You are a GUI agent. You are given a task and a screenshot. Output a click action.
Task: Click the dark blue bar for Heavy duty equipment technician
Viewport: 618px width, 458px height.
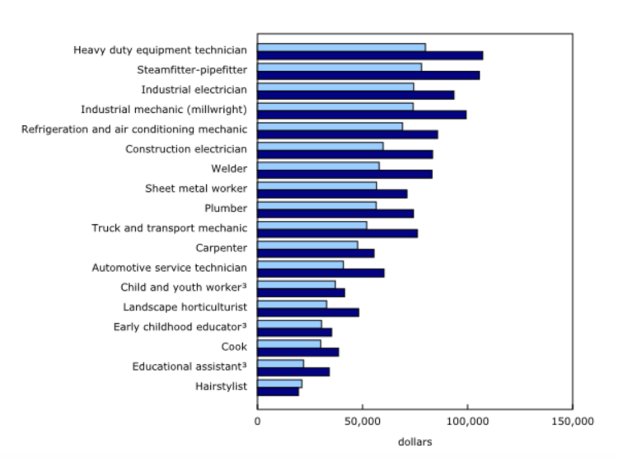tap(370, 55)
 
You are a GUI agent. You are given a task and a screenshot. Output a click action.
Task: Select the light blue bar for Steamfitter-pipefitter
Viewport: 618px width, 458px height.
tap(339, 67)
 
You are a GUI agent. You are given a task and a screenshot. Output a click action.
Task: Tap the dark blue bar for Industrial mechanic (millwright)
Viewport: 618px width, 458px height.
tap(362, 114)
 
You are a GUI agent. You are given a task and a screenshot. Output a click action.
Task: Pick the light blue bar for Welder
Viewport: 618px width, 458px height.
tap(318, 166)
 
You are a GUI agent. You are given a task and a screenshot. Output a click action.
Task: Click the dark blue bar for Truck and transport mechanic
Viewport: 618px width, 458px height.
tap(337, 233)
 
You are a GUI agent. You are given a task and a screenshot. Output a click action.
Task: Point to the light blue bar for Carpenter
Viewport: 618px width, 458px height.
tap(307, 245)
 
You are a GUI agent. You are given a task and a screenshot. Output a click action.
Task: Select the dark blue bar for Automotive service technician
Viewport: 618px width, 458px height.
tap(321, 273)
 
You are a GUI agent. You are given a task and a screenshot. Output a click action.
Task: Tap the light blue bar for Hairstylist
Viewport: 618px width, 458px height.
tap(279, 383)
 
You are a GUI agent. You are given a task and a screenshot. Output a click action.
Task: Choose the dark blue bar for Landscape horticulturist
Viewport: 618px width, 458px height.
tap(308, 312)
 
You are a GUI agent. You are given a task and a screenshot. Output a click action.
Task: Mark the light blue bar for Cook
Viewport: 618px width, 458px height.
tap(289, 343)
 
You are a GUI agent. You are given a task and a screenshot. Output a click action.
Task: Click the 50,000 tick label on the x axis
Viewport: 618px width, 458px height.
tap(363, 421)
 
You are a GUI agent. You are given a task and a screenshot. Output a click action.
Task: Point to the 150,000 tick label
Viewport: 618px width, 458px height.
tap(572, 421)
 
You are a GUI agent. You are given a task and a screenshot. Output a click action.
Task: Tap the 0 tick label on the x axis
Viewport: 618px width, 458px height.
tap(258, 421)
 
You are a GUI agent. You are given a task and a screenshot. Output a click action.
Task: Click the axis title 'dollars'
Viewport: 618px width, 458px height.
tap(414, 442)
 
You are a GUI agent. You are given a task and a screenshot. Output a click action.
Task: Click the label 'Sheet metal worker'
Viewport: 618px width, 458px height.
tap(196, 189)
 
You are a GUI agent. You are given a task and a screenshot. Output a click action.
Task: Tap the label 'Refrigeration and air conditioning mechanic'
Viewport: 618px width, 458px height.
tap(133, 129)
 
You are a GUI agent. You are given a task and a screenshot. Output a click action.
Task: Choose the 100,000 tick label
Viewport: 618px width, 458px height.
tap(467, 421)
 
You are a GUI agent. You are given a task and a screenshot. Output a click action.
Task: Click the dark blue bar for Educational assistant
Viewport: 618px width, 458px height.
tap(293, 372)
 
